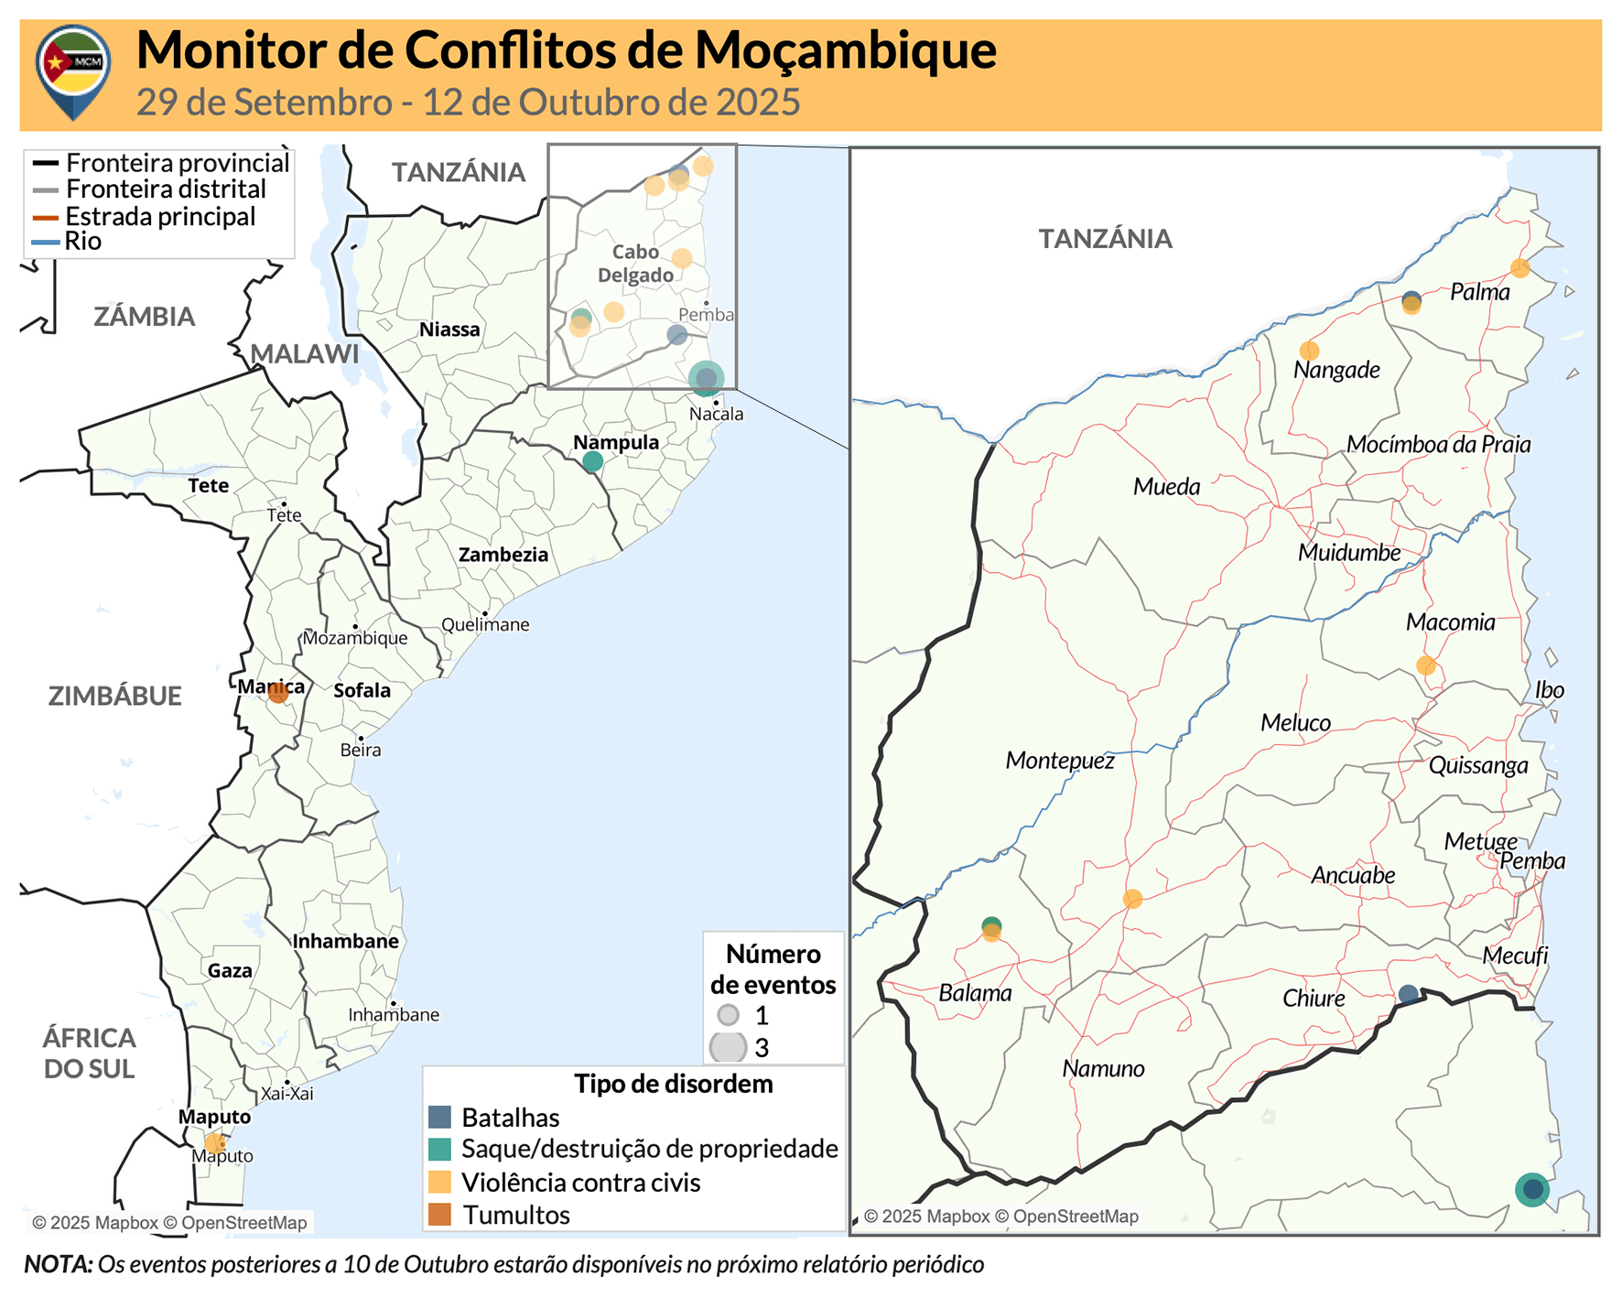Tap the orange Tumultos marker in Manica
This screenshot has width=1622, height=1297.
(x=278, y=693)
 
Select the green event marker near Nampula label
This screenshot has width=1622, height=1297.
(x=592, y=462)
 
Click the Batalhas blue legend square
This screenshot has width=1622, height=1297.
(x=440, y=1117)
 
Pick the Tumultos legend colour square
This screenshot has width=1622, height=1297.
(x=440, y=1215)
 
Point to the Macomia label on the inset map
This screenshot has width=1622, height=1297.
(x=1450, y=622)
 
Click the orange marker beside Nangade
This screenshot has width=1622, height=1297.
(x=1309, y=351)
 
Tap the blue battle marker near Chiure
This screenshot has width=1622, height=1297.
(x=1409, y=994)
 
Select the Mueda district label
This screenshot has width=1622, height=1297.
(x=1166, y=487)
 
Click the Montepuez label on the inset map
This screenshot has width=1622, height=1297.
(x=1060, y=761)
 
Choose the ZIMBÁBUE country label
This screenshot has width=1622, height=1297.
(x=115, y=696)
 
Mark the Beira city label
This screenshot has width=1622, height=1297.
(x=361, y=751)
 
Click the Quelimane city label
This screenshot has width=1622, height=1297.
(x=485, y=625)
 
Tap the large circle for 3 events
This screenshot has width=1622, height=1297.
(x=729, y=1047)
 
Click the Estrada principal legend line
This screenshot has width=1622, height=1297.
(x=46, y=217)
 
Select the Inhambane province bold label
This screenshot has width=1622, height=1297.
(x=345, y=941)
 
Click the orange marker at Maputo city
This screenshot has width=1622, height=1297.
(x=213, y=1142)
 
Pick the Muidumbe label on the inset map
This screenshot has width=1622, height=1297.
(x=1349, y=553)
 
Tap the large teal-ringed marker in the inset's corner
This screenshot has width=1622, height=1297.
(x=1532, y=1190)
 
